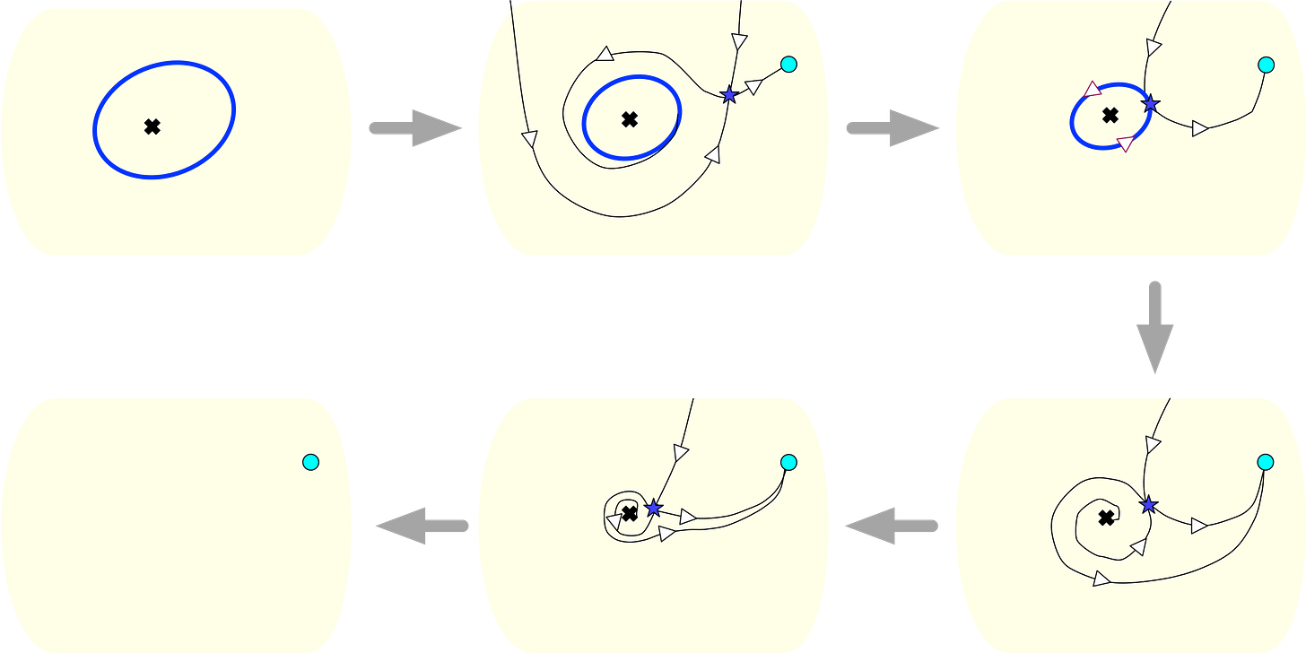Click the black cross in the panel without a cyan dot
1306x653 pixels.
coord(152,126)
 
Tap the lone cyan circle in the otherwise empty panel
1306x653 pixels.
coord(310,462)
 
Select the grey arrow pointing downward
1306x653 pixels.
coord(1155,327)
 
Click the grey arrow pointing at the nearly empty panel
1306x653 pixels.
coord(421,525)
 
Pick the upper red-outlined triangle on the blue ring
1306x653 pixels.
coord(1092,89)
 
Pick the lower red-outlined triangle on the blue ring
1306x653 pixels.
coord(1125,144)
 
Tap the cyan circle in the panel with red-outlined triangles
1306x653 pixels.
coord(1266,64)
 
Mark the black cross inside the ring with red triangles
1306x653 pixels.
coord(1110,115)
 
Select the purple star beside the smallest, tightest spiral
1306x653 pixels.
coord(653,508)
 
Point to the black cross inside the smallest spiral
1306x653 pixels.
coord(630,512)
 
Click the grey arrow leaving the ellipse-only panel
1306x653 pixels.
coord(414,128)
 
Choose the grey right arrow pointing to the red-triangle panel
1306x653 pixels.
coord(892,128)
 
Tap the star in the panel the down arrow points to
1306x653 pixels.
coord(1148,505)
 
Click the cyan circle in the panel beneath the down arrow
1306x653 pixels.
coord(1266,462)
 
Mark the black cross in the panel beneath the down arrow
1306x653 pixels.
coord(1107,517)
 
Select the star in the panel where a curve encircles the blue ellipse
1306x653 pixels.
coord(729,94)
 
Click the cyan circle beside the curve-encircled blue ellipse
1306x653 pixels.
coord(788,64)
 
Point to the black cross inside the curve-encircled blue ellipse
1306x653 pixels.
coord(630,118)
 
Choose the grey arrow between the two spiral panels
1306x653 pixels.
coord(892,525)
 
